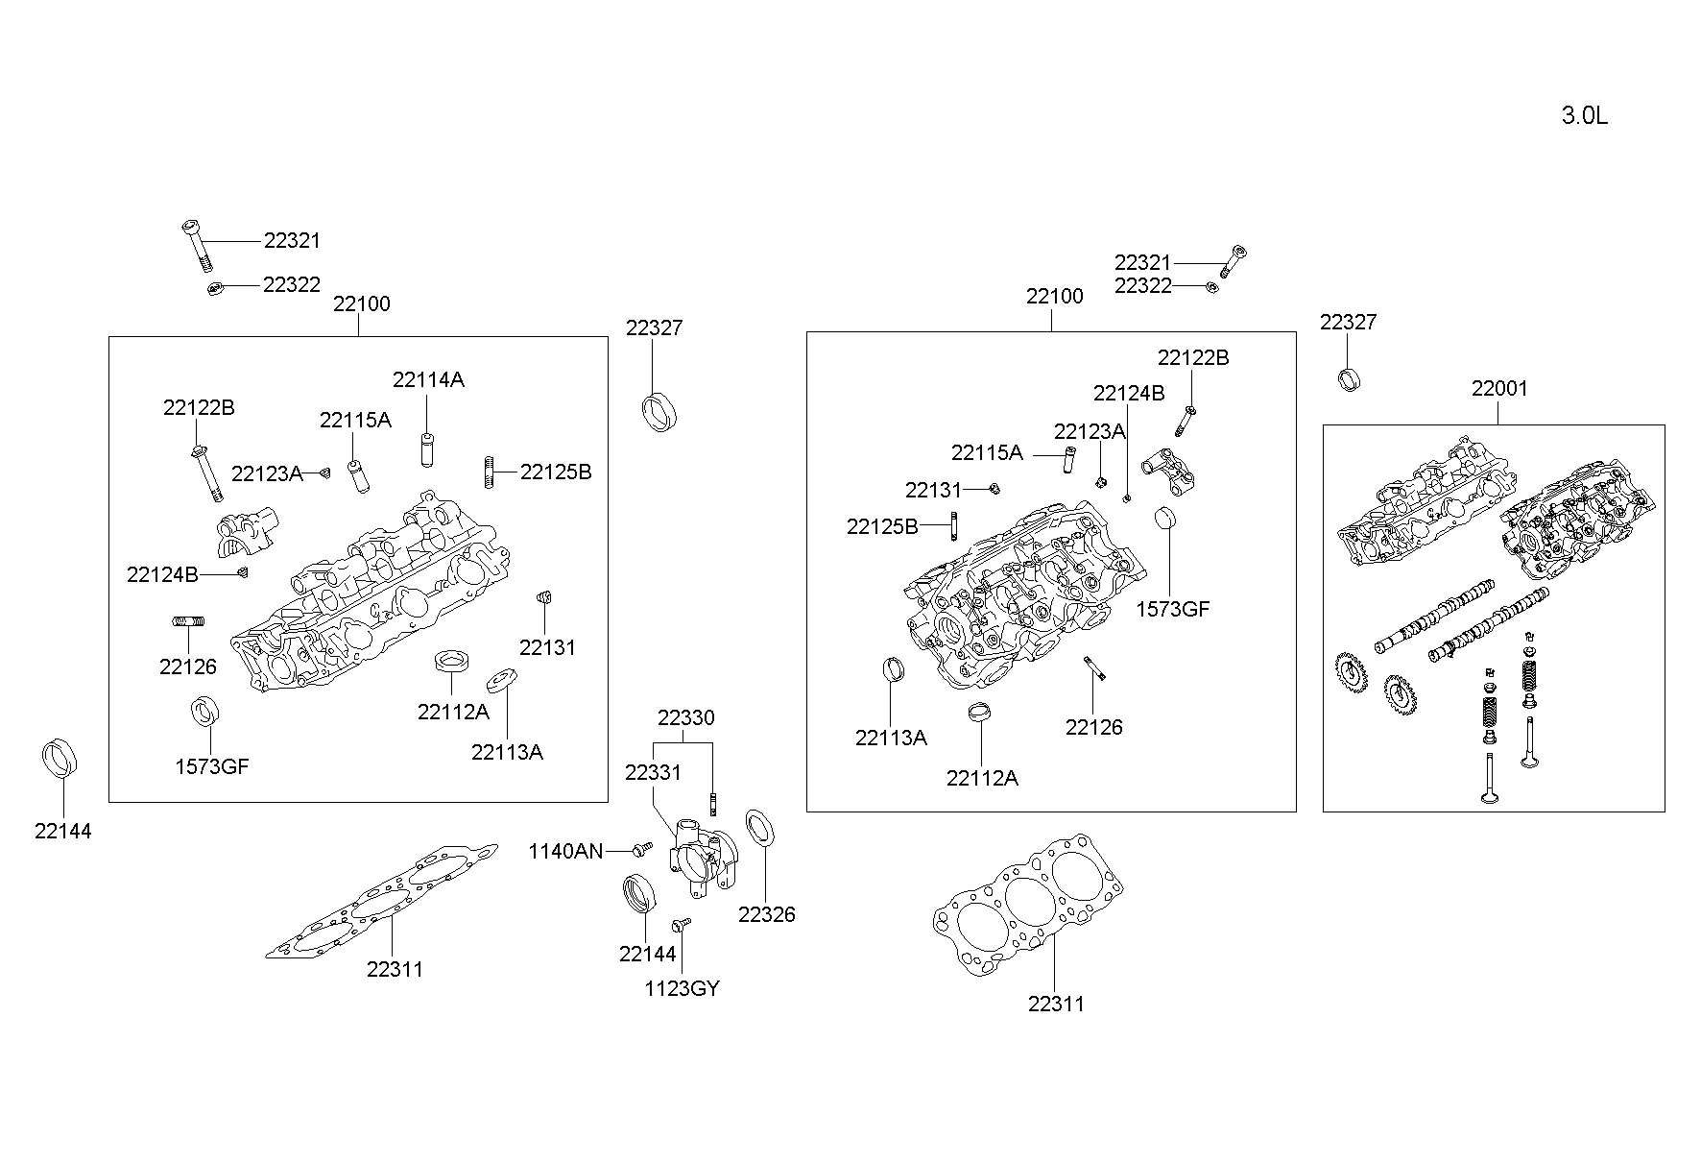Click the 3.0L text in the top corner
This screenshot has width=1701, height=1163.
tap(1584, 116)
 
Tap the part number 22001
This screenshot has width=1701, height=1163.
tap(1498, 389)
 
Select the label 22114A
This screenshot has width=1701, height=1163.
tap(428, 379)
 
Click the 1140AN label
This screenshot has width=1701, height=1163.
tap(566, 851)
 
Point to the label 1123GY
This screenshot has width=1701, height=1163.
tap(682, 988)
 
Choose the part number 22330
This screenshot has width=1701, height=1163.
tap(685, 717)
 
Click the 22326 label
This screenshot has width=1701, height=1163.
tap(766, 914)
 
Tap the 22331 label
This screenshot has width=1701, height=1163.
tap(653, 772)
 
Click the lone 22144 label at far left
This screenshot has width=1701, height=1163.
tap(63, 832)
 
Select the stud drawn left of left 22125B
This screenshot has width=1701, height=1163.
tap(490, 472)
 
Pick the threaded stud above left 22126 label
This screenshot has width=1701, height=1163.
tap(188, 622)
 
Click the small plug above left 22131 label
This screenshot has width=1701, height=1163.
tap(542, 599)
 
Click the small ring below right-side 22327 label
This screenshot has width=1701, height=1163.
tap(1349, 378)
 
